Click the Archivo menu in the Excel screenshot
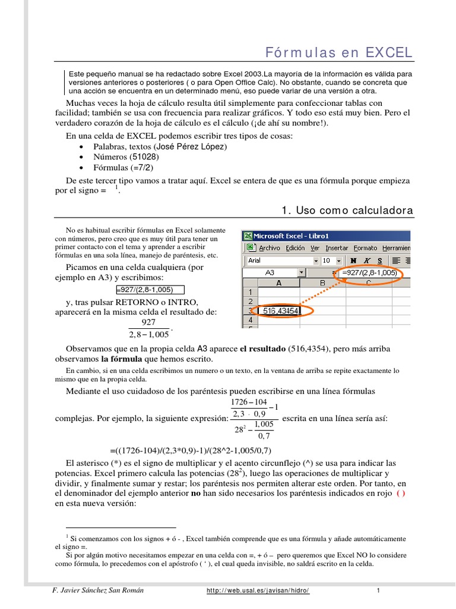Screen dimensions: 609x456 click(269, 248)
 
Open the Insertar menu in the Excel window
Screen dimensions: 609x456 click(337, 248)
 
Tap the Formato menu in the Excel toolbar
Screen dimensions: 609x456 click(365, 248)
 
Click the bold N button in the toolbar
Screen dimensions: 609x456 click(354, 260)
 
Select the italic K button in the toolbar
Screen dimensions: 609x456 click(367, 260)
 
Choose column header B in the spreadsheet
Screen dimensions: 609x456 click(322, 283)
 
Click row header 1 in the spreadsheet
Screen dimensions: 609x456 click(249, 292)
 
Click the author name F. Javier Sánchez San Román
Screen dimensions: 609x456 click(98, 591)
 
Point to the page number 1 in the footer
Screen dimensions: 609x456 click(378, 591)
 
